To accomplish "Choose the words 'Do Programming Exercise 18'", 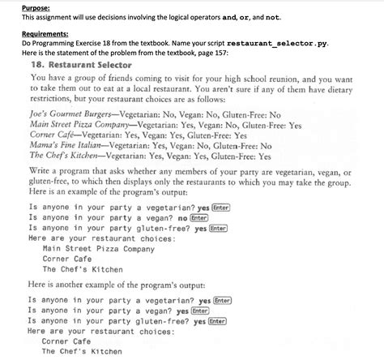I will coord(66,43).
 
